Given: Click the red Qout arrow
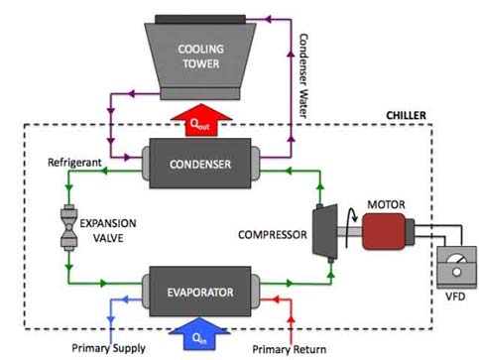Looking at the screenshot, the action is click(201, 121).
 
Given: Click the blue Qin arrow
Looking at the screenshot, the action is click(199, 334).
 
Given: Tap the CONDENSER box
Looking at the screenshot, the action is click(200, 164).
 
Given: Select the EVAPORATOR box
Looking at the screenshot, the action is click(200, 292).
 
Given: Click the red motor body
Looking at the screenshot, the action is click(384, 231).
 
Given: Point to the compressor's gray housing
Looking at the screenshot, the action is click(325, 231).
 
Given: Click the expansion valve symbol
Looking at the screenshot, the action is click(68, 228).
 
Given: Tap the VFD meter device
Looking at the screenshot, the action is click(457, 267).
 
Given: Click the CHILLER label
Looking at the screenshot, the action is click(406, 115).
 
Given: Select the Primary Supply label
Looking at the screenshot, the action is click(108, 348).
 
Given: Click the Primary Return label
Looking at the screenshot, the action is click(290, 349).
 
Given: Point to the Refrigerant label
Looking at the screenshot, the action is click(74, 163).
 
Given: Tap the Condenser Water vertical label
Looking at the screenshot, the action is click(302, 75).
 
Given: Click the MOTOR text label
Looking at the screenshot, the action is click(386, 204).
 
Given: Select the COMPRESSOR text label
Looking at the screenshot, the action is click(273, 235).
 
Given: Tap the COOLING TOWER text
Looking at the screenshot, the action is click(201, 57).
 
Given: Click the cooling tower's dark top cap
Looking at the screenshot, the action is click(200, 19).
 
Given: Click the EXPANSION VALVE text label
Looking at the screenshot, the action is click(108, 230).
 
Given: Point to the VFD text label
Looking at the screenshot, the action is click(455, 297).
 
